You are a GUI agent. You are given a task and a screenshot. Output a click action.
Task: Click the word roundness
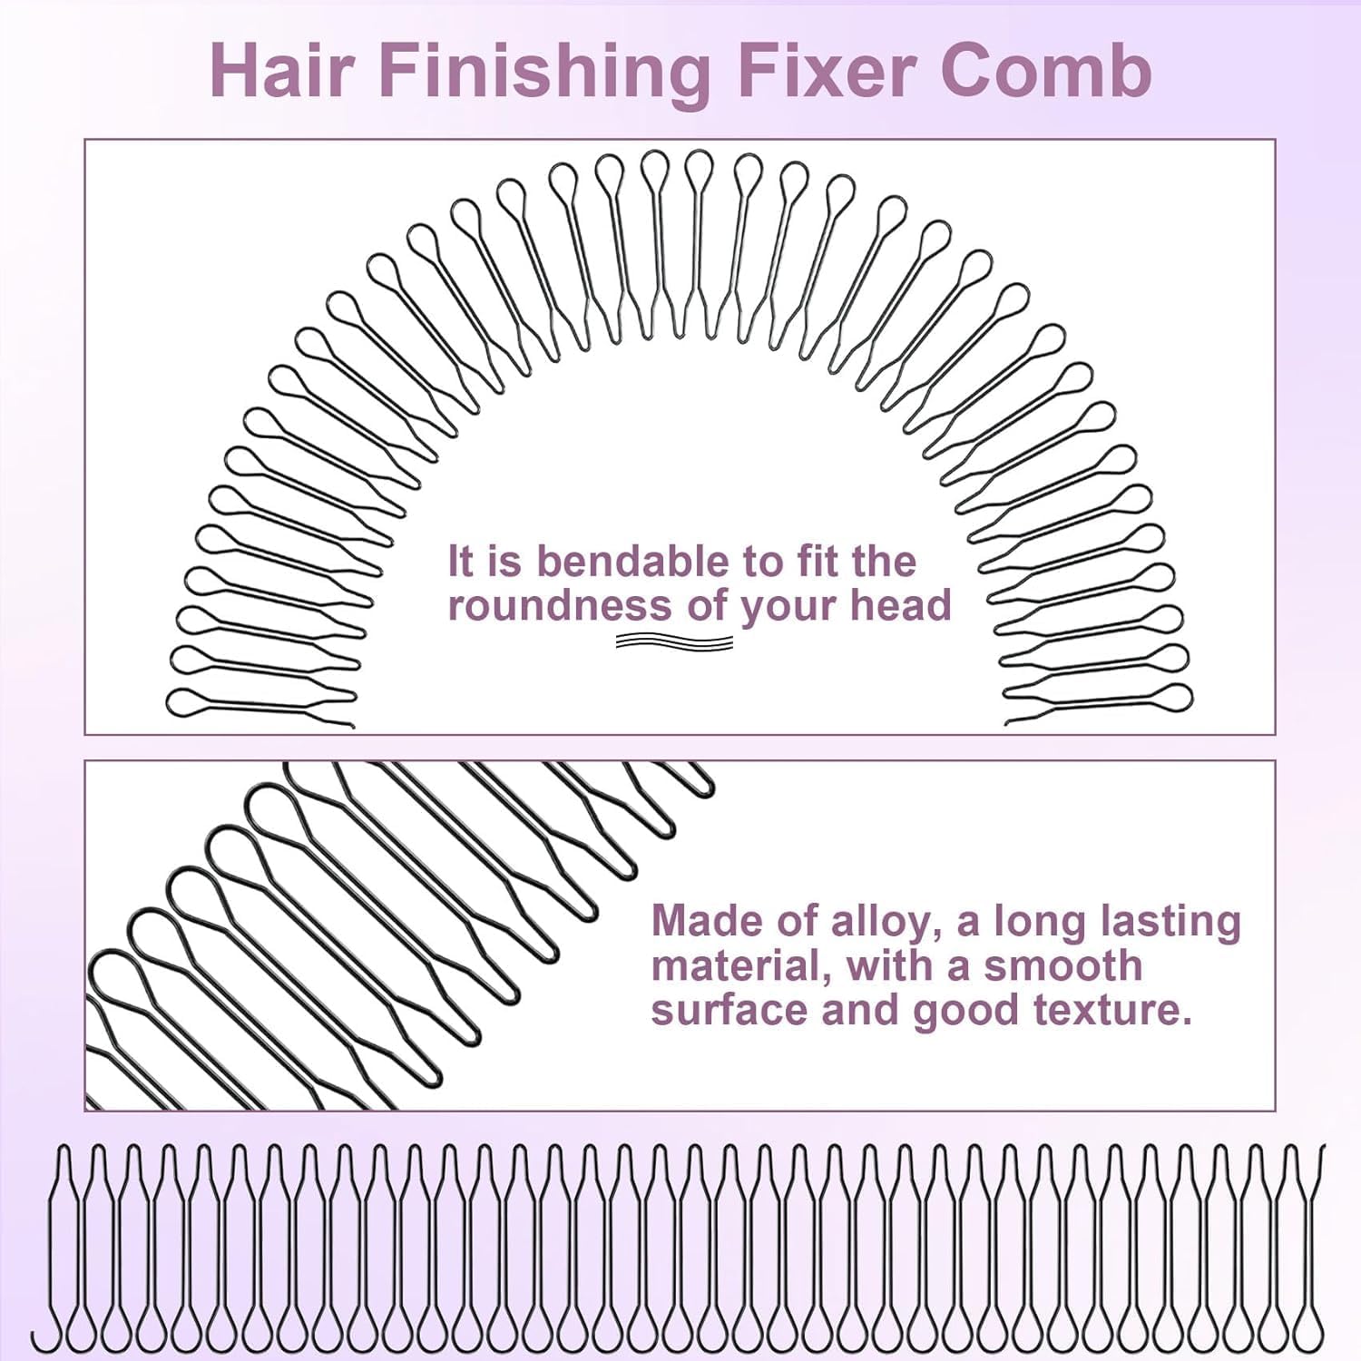coord(560,605)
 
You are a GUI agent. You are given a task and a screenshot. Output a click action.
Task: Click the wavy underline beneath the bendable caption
coord(674,642)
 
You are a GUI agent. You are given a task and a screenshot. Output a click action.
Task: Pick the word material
coord(741,965)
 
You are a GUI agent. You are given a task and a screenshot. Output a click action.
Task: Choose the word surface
coord(729,1010)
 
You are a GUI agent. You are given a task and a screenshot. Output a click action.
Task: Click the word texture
coord(1121,1010)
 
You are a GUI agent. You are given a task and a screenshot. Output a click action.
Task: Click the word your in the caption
coord(790,607)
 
